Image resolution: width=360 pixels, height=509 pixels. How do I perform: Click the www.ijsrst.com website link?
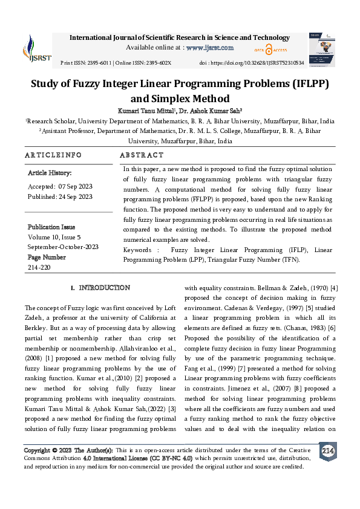[x=209, y=47]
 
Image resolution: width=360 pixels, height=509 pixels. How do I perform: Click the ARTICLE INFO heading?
[x=53, y=155]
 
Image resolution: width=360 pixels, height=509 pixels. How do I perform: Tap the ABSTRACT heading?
[x=142, y=155]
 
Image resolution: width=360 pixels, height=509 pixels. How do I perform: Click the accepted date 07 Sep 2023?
[x=76, y=186]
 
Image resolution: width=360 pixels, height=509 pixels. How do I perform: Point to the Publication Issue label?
[x=51, y=227]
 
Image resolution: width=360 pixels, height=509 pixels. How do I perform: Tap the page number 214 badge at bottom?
[x=328, y=451]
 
